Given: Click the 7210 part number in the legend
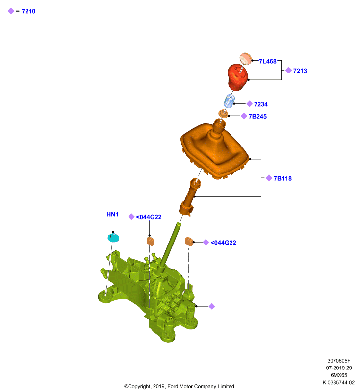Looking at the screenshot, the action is pyautogui.click(x=28, y=11).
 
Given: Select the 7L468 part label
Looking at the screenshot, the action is pyautogui.click(x=267, y=61).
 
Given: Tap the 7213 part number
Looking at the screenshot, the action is pyautogui.click(x=300, y=71).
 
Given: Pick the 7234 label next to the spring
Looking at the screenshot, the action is pyautogui.click(x=260, y=104).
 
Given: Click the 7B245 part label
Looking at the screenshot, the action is pyautogui.click(x=257, y=116).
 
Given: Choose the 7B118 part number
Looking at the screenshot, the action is pyautogui.click(x=283, y=178).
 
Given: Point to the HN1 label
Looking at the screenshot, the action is pyautogui.click(x=112, y=214).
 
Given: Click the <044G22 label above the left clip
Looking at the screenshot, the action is pyautogui.click(x=149, y=217).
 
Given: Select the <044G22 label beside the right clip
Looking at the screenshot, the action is pyautogui.click(x=223, y=243).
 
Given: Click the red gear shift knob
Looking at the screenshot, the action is pyautogui.click(x=237, y=77).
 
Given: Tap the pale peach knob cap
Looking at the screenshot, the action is pyautogui.click(x=246, y=59).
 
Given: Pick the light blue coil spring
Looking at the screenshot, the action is pyautogui.click(x=229, y=101).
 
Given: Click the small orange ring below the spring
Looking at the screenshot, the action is pyautogui.click(x=223, y=114).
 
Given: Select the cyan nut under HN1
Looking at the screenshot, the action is pyautogui.click(x=113, y=238).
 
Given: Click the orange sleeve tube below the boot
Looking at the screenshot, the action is pyautogui.click(x=190, y=197).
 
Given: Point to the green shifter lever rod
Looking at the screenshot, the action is pyautogui.click(x=170, y=245).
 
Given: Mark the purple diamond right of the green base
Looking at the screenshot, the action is pyautogui.click(x=212, y=307).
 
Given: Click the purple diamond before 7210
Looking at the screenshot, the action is pyautogui.click(x=11, y=11).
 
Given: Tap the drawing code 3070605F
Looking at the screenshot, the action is pyautogui.click(x=339, y=361).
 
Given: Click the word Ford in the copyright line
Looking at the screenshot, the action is pyautogui.click(x=173, y=386).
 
